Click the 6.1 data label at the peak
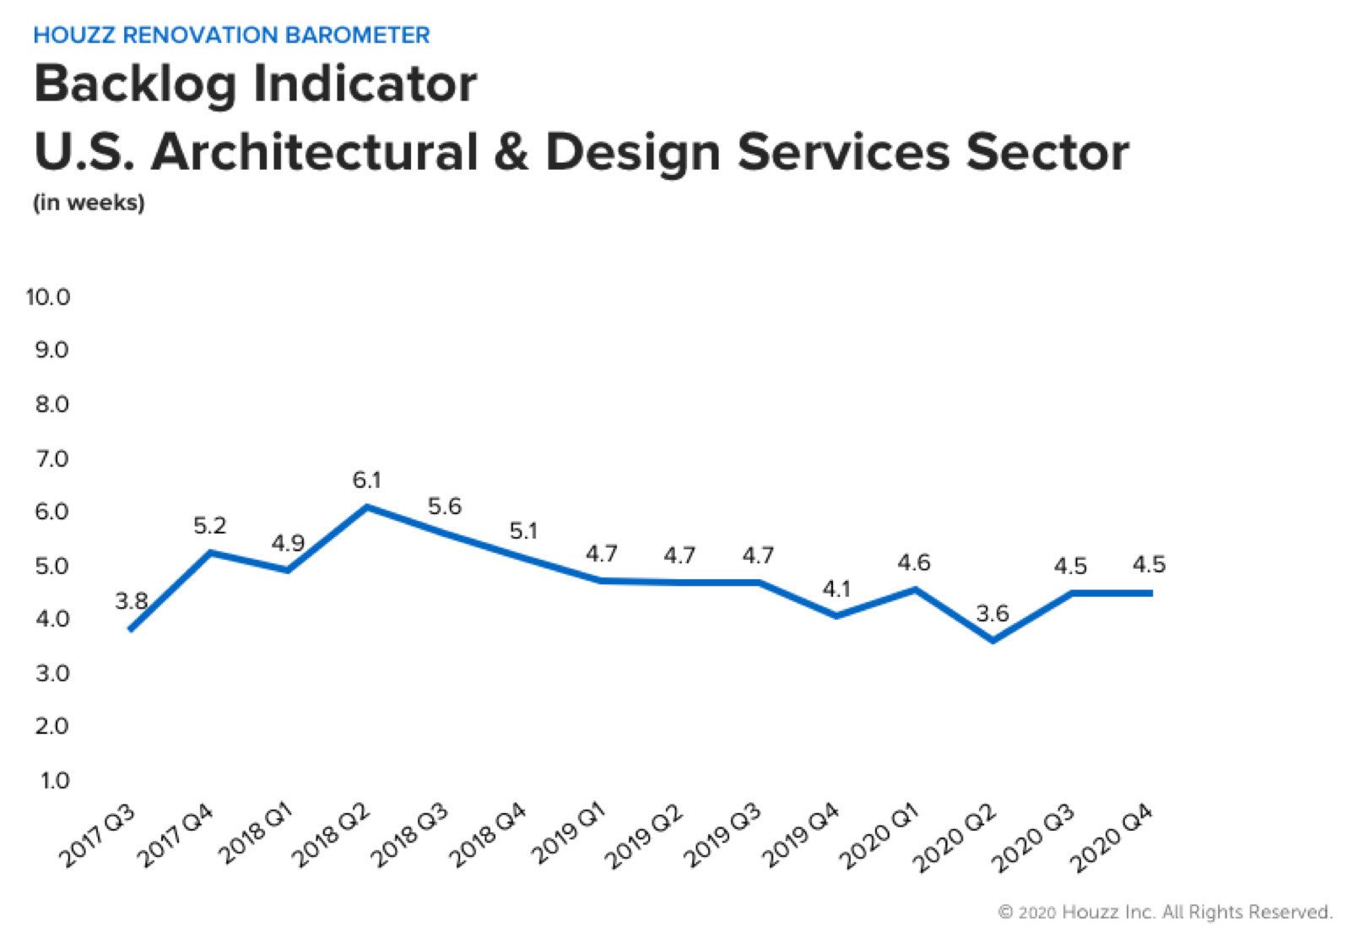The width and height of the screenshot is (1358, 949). (366, 480)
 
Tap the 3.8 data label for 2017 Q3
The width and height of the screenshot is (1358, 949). (132, 601)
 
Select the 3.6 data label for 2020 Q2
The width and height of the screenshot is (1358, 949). (993, 613)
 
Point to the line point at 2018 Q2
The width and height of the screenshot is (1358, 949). (366, 507)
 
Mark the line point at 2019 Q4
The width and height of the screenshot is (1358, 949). (836, 615)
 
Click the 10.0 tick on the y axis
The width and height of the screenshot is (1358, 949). (48, 297)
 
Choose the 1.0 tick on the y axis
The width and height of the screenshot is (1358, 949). (54, 780)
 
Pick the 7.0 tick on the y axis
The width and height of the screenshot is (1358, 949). (51, 458)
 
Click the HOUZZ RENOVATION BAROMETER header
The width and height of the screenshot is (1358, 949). (231, 35)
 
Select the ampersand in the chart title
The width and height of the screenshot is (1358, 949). (511, 152)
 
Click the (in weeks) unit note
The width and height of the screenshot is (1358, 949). (89, 203)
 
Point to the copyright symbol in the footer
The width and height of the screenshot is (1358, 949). (1005, 912)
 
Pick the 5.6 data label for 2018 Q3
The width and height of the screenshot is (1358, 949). (444, 507)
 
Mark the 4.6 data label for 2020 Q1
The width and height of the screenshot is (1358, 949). (914, 562)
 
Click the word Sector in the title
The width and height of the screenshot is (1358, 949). (1047, 152)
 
